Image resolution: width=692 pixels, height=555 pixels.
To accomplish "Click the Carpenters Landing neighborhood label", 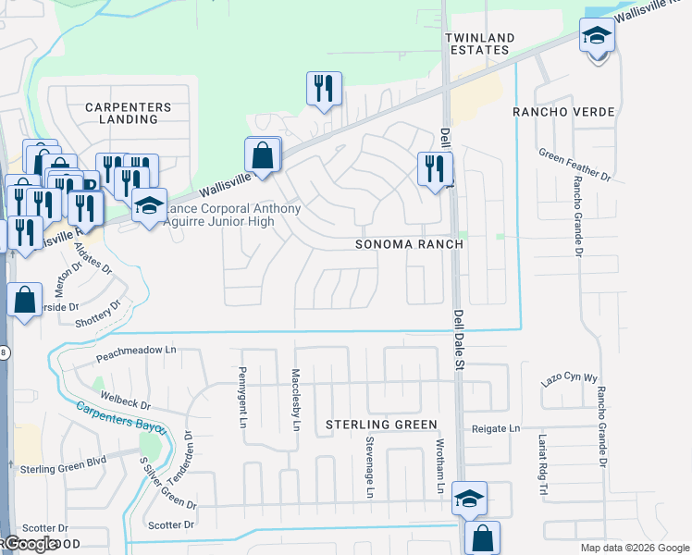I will click(x=129, y=113).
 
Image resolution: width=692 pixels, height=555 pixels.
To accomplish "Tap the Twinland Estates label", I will click(x=478, y=43).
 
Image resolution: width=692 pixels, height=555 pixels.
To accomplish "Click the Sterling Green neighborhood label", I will click(x=380, y=425).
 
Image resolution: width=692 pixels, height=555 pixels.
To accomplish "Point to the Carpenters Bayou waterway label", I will click(x=120, y=417).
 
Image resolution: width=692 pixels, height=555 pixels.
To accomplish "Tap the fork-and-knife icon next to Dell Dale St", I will click(x=435, y=169).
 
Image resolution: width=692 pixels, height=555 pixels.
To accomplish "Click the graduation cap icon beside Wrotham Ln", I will click(x=469, y=499).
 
